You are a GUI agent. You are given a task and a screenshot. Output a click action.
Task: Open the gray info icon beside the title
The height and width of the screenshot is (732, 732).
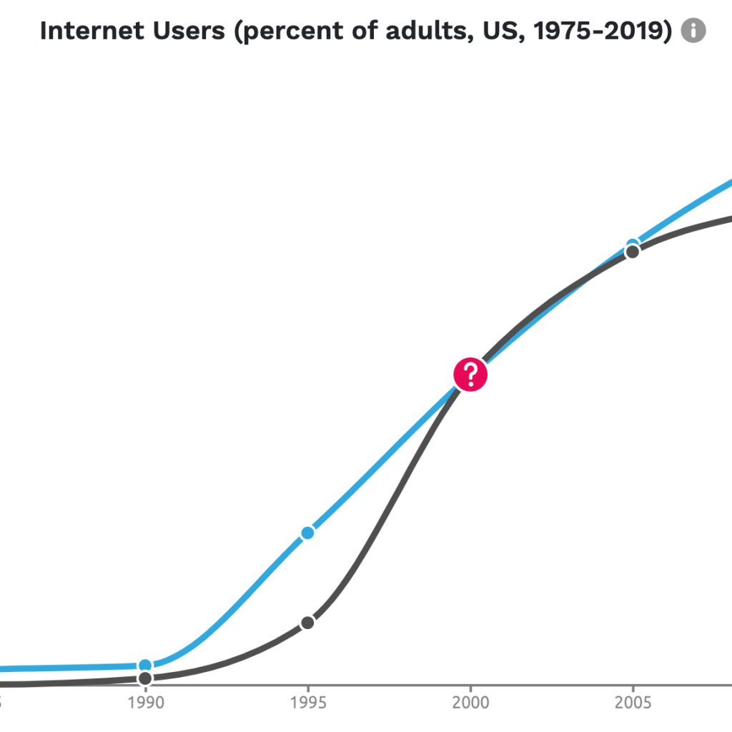click(x=693, y=31)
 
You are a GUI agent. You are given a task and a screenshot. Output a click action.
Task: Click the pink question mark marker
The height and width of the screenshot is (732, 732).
click(x=470, y=375)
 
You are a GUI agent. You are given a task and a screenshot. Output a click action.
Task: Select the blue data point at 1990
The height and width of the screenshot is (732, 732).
click(x=145, y=666)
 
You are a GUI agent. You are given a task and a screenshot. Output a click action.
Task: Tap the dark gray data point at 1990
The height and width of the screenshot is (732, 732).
click(x=145, y=678)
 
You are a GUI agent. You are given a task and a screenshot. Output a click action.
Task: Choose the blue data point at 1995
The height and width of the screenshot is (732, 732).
click(x=307, y=533)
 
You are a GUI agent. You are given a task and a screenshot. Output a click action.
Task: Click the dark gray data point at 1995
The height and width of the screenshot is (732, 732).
click(x=307, y=623)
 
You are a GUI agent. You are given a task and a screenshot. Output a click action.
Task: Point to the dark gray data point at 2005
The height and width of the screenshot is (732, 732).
click(x=633, y=252)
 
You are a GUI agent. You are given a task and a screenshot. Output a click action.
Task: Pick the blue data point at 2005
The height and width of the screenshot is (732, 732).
click(x=633, y=244)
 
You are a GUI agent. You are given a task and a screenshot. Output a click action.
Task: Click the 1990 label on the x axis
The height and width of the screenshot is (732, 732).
click(x=145, y=703)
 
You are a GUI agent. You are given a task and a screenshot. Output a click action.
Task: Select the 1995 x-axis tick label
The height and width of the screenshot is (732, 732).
click(x=307, y=703)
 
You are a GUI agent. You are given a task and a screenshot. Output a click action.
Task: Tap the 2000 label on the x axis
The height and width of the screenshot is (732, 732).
click(x=470, y=703)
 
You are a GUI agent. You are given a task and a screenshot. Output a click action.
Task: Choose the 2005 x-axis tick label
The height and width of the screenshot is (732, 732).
click(x=633, y=703)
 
